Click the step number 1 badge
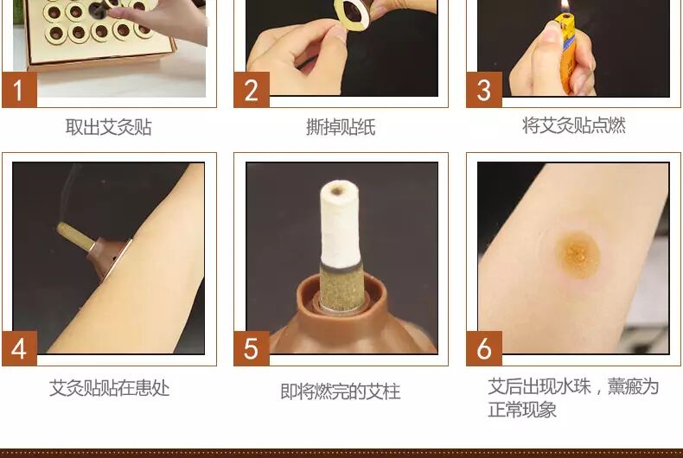[19, 90]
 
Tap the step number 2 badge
[252, 90]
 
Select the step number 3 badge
[484, 90]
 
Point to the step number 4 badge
[19, 348]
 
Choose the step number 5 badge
[252, 348]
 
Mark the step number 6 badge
[484, 348]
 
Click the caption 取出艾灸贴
[108, 127]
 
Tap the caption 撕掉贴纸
[341, 127]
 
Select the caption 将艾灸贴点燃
[574, 125]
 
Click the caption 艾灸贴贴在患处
[109, 388]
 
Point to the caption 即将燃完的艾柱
[340, 391]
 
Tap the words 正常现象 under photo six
[522, 410]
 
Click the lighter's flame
[565, 6]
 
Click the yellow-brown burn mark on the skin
[578, 254]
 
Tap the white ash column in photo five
[340, 222]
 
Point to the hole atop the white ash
[336, 190]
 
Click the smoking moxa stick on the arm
[75, 236]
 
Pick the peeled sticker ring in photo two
[350, 12]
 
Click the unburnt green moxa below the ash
[341, 284]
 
